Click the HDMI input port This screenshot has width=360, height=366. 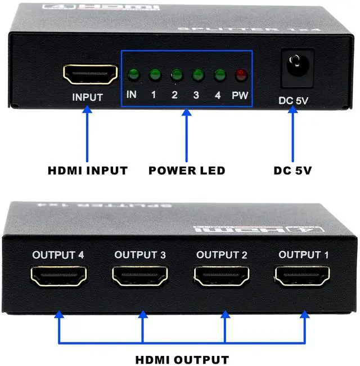[90, 74]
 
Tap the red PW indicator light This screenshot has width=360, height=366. [241, 74]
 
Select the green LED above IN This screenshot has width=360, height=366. [133, 74]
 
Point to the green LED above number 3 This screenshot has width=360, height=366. [197, 74]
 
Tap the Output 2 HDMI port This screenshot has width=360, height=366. [222, 277]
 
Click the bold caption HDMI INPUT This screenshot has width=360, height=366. [87, 170]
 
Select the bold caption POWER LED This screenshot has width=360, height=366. [187, 170]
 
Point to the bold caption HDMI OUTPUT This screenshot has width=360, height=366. [182, 359]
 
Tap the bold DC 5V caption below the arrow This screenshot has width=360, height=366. [292, 170]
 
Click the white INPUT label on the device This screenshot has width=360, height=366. [88, 97]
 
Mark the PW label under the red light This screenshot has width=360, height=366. [240, 95]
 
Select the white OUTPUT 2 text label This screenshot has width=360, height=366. [222, 255]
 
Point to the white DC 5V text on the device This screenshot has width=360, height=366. [292, 101]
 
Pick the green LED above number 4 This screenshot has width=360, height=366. [219, 74]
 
